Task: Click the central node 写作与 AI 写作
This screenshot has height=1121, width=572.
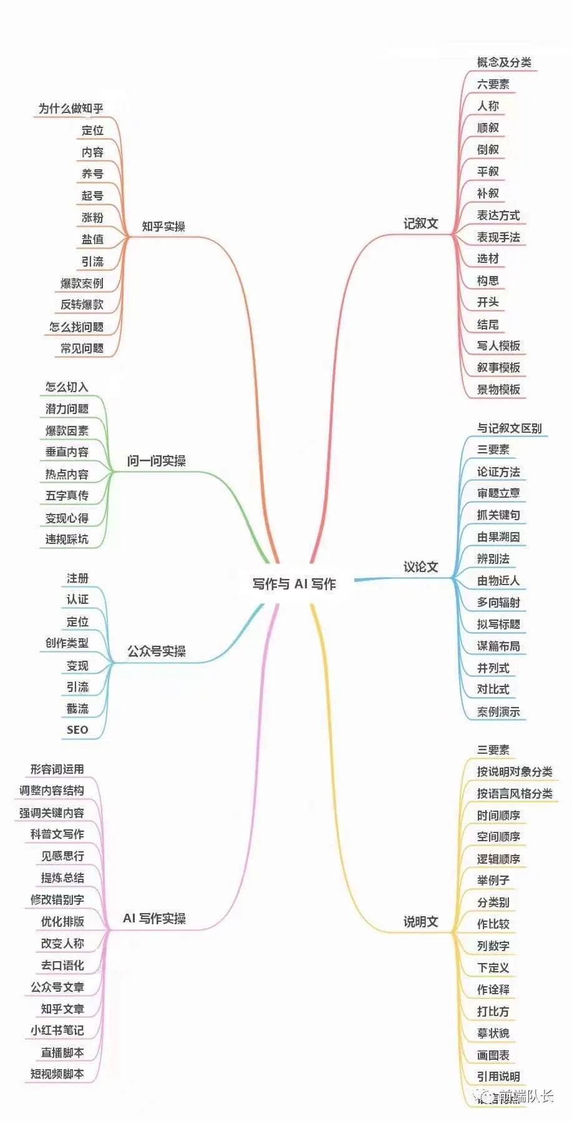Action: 294,584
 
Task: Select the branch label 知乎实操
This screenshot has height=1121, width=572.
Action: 163,227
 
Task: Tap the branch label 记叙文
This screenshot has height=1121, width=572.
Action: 420,224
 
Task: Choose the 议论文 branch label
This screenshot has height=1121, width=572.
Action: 420,567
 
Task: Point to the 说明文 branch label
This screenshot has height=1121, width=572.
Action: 420,922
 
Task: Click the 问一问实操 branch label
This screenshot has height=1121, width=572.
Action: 157,461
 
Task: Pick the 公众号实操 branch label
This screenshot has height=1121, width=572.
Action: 157,651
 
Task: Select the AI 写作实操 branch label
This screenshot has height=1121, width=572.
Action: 154,919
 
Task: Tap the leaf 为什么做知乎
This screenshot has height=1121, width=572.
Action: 70,109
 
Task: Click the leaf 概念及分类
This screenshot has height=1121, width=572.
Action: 504,62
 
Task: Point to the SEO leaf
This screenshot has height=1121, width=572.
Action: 77,730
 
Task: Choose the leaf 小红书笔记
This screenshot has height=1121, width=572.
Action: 57,1030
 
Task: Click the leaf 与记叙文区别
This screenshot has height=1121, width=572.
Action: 509,428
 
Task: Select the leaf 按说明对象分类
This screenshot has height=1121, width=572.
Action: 515,772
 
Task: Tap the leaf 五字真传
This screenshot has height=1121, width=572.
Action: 67,496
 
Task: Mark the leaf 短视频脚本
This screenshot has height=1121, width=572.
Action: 57,1074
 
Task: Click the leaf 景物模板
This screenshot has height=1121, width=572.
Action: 498,390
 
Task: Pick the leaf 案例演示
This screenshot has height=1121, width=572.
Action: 498,712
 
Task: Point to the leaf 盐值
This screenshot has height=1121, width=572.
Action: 92,239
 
